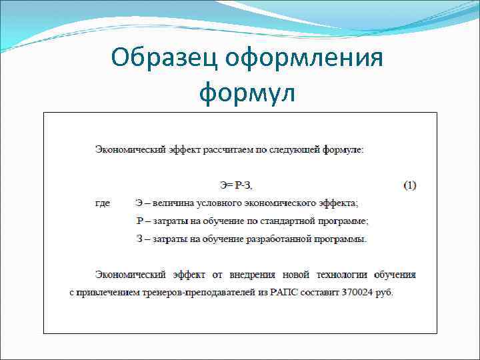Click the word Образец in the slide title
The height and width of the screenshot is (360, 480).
163,59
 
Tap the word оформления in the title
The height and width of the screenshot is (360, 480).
305,59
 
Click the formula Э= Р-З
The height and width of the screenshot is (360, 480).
237,185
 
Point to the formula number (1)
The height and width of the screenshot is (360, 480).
410,185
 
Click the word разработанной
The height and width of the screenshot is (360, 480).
281,239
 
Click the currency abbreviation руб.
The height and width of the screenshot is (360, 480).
385,293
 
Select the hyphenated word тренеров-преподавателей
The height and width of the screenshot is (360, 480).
199,293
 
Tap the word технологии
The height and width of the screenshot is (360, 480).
339,274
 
